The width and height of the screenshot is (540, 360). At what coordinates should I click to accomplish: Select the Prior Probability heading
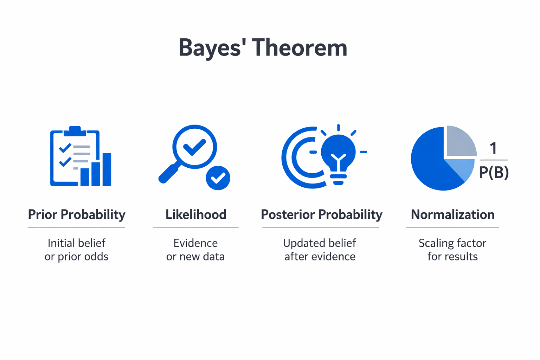(77, 214)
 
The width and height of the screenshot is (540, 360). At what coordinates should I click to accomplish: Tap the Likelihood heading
(196, 214)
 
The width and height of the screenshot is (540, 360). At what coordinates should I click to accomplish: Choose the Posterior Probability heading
(321, 214)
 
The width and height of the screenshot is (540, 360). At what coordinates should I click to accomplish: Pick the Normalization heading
(452, 214)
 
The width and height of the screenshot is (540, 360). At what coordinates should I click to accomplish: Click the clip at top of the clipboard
(75, 131)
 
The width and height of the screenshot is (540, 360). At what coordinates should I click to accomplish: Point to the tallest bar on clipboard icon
(107, 169)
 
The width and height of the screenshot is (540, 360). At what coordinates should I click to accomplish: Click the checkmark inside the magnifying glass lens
(194, 147)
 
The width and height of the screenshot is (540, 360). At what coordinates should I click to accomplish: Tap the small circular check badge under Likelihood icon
(218, 178)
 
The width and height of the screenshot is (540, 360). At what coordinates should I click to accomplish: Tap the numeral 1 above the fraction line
(493, 148)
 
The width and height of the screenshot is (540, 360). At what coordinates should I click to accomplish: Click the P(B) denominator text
(494, 172)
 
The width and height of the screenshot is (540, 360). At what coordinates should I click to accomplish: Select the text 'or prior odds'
(76, 257)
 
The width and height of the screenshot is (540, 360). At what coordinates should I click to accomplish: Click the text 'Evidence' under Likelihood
(195, 243)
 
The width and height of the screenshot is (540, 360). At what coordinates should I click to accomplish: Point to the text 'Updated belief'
(320, 243)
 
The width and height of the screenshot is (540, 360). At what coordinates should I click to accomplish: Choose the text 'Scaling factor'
(452, 243)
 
